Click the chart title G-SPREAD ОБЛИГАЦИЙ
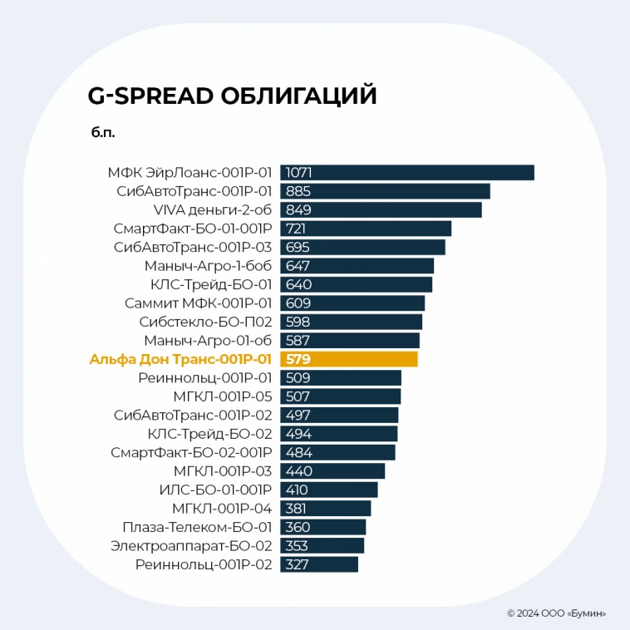[232, 96]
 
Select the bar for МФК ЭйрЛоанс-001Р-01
[406, 173]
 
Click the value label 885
[298, 191]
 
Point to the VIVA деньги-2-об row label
[213, 209]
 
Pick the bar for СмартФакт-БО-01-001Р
[366, 229]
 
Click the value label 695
[298, 247]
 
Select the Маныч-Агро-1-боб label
[208, 266]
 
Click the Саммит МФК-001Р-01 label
[198, 303]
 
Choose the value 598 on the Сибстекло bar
[298, 322]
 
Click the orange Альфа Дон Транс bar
[349, 359]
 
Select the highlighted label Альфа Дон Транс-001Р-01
[180, 359]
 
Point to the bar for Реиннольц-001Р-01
[341, 378]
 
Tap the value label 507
[298, 396]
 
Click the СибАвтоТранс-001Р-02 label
[193, 415]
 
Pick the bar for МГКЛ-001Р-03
[332, 471]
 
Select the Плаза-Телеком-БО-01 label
[197, 527]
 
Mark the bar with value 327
[319, 564]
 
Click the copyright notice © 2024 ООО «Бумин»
[556, 613]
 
